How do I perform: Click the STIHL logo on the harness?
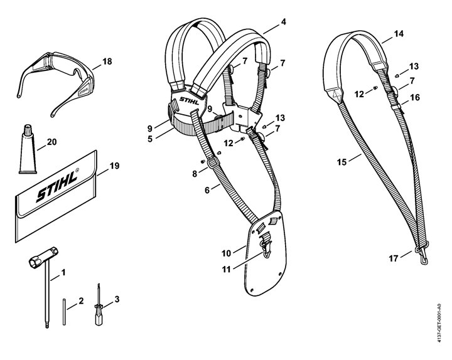[x=188, y=100]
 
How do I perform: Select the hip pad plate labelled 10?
[x=267, y=254]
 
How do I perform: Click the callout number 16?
[x=414, y=97]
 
